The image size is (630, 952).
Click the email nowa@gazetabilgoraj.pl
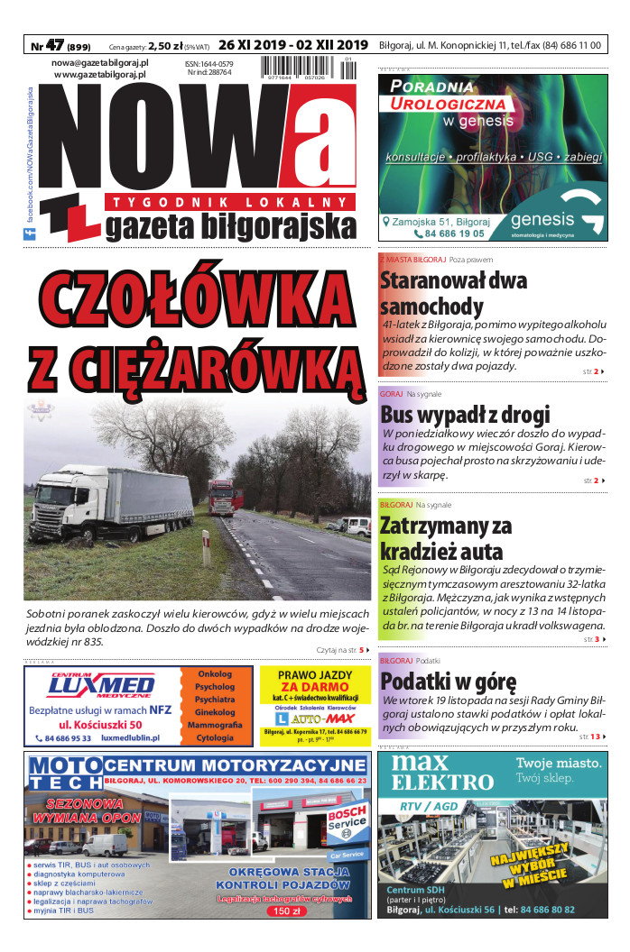click(x=100, y=63)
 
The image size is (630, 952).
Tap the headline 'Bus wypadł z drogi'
click(x=465, y=416)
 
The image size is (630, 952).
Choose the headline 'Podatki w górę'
click(x=448, y=681)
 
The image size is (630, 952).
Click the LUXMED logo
click(x=101, y=687)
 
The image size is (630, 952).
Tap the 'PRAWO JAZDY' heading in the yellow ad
click(x=314, y=674)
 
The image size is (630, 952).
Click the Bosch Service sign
click(x=347, y=821)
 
